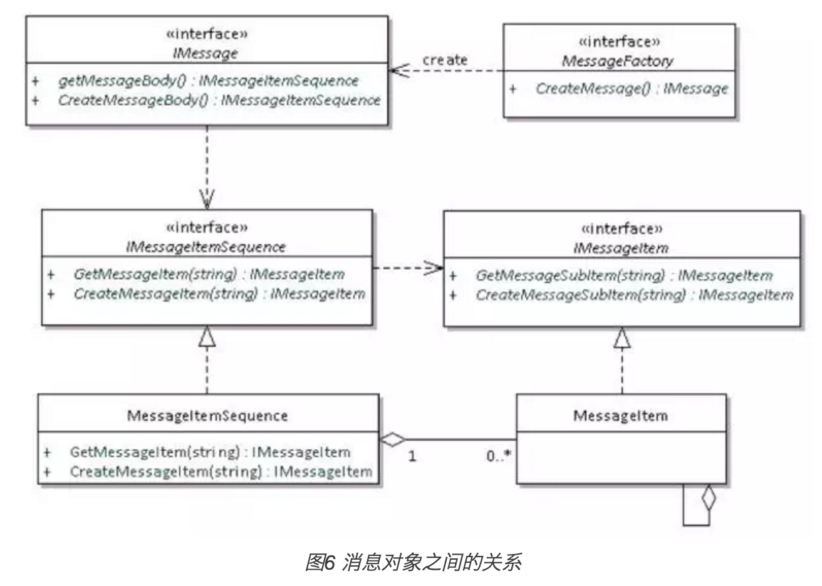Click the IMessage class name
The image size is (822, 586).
(x=205, y=54)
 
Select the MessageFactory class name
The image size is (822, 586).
(x=618, y=61)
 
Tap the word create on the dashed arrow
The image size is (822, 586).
(x=445, y=59)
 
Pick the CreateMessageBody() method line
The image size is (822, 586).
(x=219, y=100)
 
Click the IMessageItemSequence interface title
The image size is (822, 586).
(x=206, y=247)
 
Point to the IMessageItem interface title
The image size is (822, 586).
(x=621, y=249)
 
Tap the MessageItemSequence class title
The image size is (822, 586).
(x=207, y=416)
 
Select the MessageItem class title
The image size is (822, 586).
(x=620, y=416)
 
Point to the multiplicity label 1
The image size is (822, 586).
(x=412, y=456)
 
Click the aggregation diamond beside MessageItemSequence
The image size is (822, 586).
(x=392, y=439)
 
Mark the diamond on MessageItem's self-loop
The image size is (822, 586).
(x=709, y=497)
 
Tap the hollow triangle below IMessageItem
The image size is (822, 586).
(x=622, y=337)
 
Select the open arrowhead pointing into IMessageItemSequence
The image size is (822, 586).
(x=207, y=199)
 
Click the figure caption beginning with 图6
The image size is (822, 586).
(x=414, y=562)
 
